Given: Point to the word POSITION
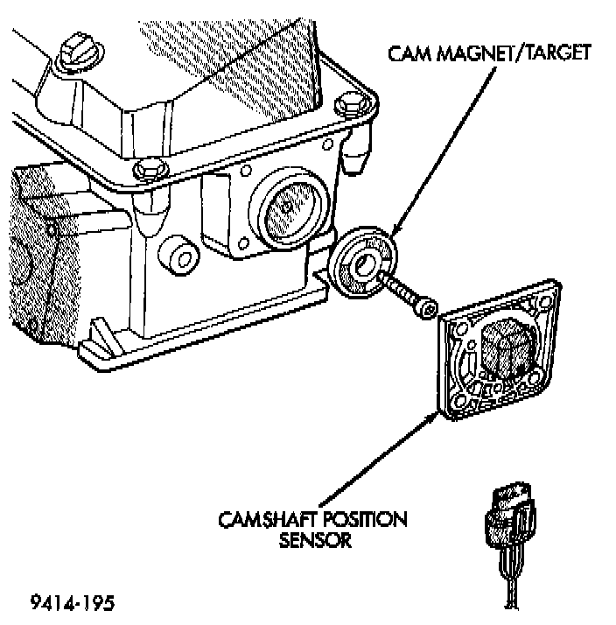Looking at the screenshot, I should click(x=369, y=521).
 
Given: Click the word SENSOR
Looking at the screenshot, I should click(x=315, y=540).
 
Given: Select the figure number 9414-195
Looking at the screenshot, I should click(x=73, y=603).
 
